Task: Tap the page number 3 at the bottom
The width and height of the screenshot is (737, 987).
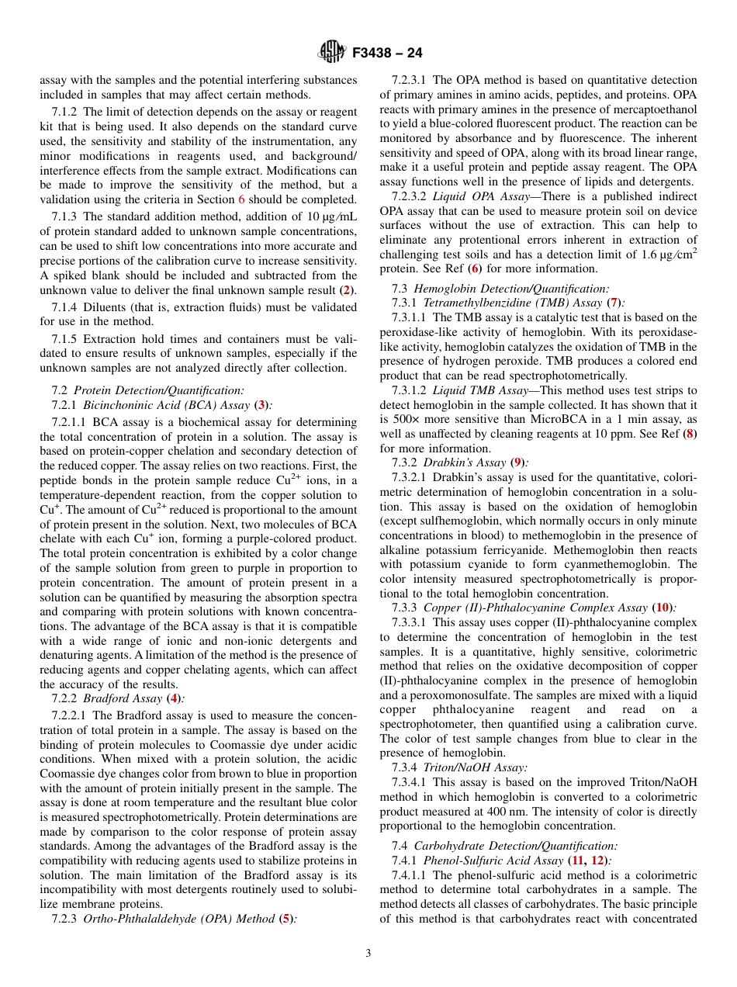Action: [368, 953]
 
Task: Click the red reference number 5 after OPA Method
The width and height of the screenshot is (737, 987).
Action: [286, 919]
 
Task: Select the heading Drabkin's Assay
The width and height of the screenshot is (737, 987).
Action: [464, 463]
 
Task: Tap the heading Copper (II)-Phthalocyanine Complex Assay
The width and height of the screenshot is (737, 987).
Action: [535, 608]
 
